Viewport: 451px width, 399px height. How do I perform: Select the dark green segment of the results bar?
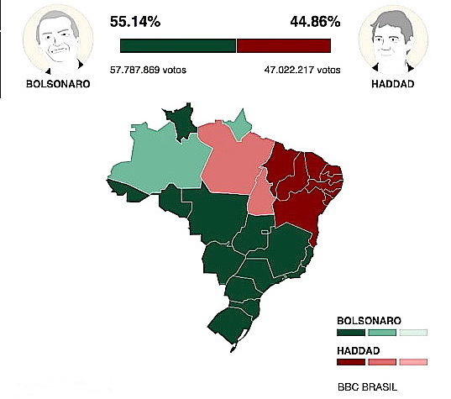point(178,46)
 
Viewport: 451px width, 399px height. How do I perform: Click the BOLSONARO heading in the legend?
point(369,321)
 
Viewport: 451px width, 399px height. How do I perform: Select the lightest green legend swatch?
point(413,333)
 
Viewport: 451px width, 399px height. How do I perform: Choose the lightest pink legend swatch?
point(413,362)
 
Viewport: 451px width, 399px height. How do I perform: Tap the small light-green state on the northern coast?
point(241,124)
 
